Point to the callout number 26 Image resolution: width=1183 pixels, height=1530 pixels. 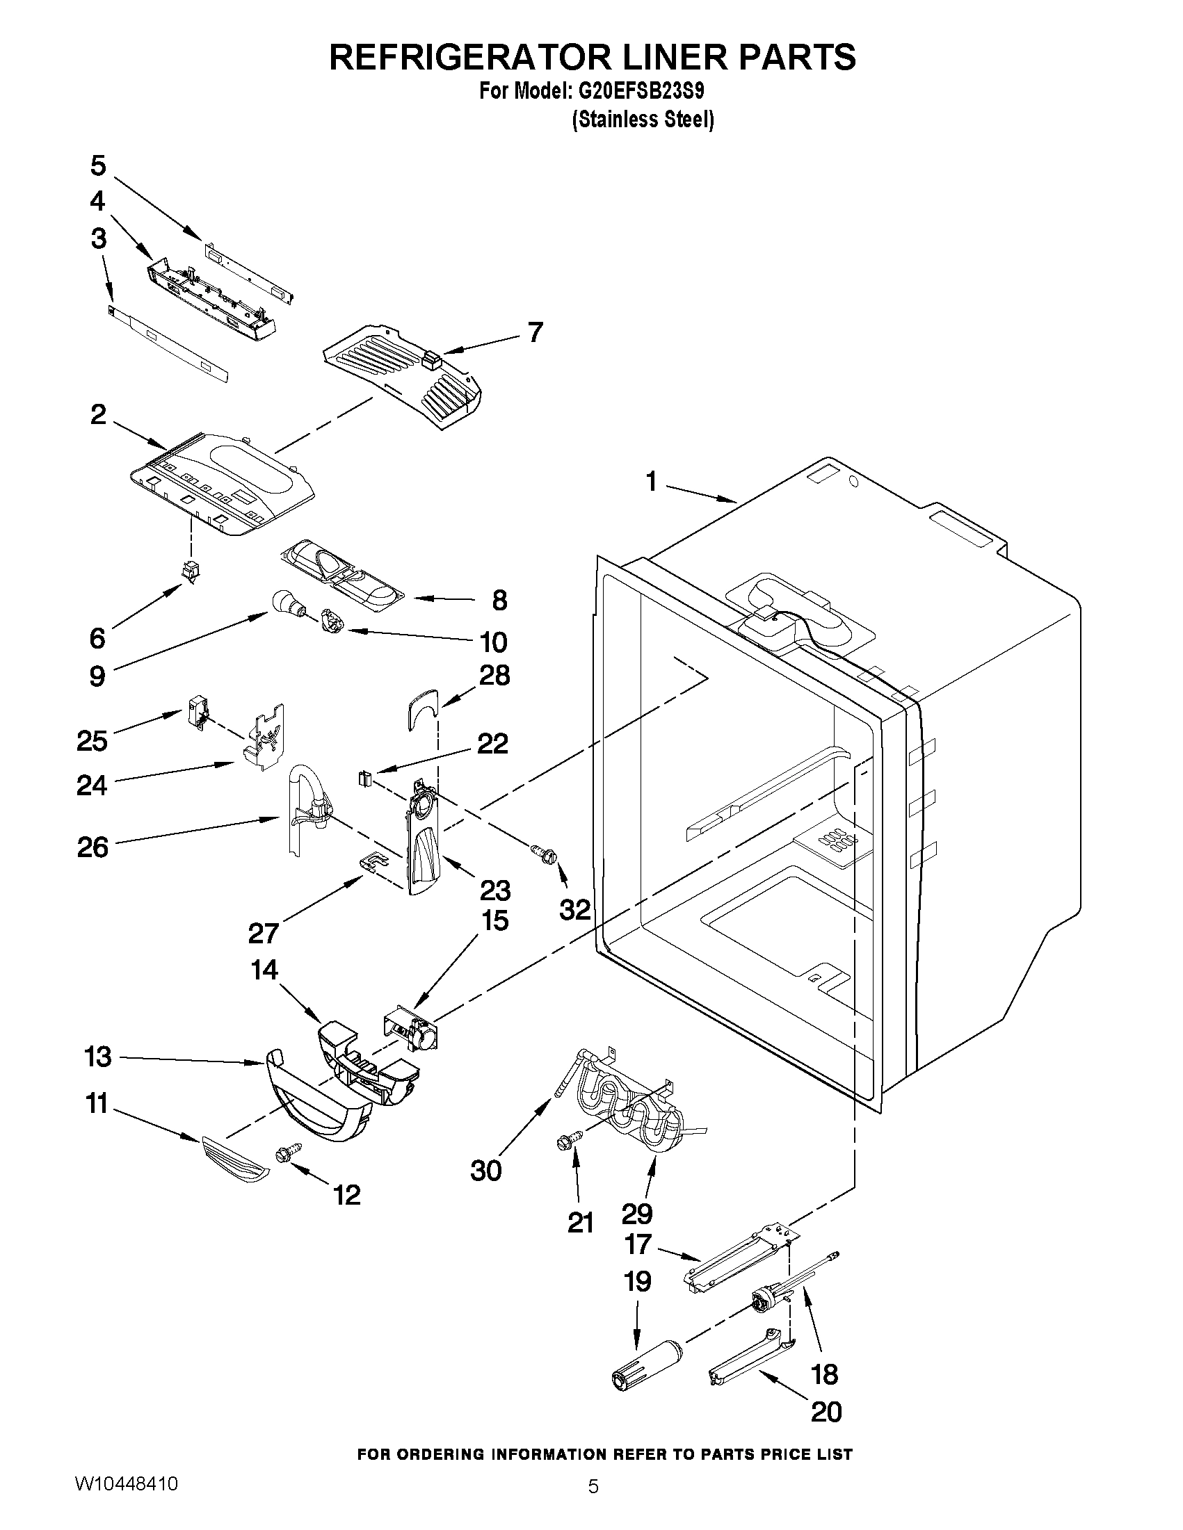click(92, 847)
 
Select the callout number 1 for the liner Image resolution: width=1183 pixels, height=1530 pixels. click(652, 481)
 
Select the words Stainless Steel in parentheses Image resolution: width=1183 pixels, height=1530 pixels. click(643, 120)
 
